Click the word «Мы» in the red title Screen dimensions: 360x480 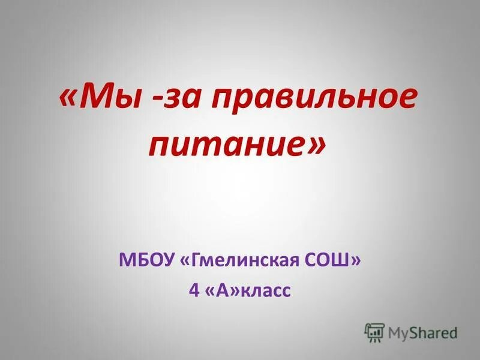pyautogui.click(x=110, y=97)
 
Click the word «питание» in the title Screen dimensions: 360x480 pyautogui.click(x=226, y=145)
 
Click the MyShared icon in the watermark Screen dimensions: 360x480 pyautogui.click(x=374, y=332)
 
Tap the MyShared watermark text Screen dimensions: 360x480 pyautogui.click(x=422, y=332)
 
